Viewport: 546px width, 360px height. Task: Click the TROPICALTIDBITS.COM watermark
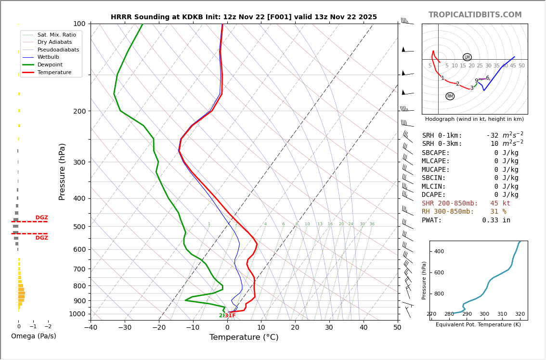click(x=475, y=15)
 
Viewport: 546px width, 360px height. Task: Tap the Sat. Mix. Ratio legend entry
click(x=56, y=35)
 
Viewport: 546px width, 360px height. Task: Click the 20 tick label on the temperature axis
click(x=295, y=328)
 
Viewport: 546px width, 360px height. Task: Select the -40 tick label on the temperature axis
click(x=91, y=328)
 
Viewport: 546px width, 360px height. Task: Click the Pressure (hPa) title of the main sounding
click(x=62, y=171)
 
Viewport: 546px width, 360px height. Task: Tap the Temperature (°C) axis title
click(x=244, y=337)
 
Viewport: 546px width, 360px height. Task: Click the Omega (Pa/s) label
click(x=33, y=336)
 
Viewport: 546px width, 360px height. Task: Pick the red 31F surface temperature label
click(x=230, y=316)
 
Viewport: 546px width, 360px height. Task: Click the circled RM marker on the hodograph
click(x=450, y=96)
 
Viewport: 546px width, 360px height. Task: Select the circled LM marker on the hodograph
click(x=467, y=57)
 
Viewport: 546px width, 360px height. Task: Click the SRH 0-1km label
click(x=442, y=136)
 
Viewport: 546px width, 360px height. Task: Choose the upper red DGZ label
click(x=41, y=218)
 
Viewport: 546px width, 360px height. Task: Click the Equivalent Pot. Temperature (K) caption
click(x=478, y=325)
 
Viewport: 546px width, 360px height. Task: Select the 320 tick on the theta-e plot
click(x=520, y=314)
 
